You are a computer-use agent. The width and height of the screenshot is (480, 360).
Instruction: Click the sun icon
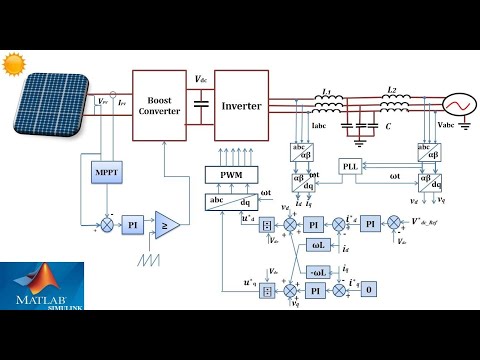pos(13,63)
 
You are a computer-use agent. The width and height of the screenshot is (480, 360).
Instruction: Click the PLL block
pos(349,166)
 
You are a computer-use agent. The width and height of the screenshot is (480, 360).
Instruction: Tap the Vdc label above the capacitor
pos(201,79)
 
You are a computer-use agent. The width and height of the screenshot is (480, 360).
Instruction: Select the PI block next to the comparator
pos(132,227)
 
